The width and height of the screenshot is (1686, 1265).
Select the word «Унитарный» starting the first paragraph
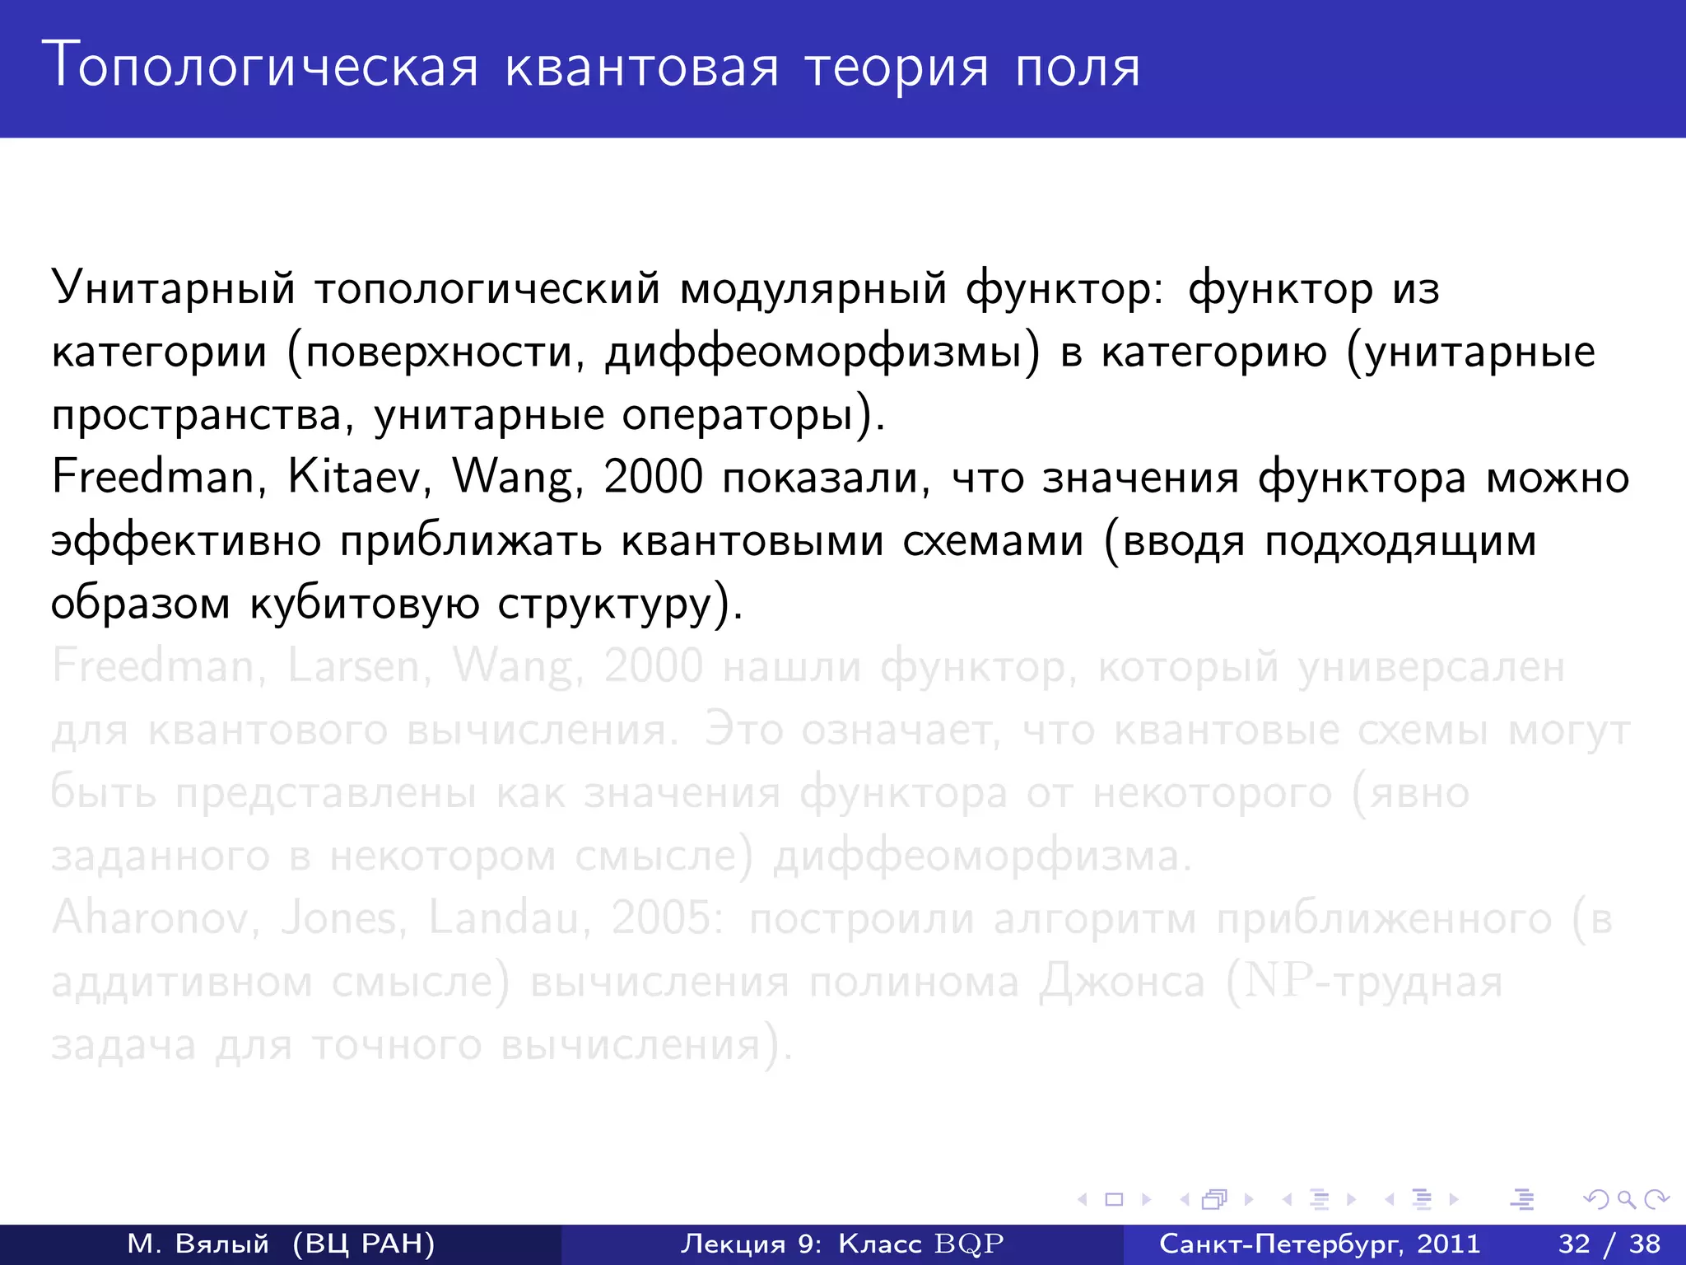173,288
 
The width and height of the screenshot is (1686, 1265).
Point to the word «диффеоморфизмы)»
822,352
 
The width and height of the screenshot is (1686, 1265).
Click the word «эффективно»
186,541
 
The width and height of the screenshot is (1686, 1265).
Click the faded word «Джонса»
1121,982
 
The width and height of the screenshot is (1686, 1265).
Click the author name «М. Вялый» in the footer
198,1244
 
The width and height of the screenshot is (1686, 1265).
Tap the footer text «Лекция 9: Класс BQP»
842,1244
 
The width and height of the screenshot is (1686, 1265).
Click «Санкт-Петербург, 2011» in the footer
1320,1244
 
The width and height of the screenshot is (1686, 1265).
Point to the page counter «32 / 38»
1609,1244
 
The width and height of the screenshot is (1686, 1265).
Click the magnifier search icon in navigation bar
1626,1200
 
